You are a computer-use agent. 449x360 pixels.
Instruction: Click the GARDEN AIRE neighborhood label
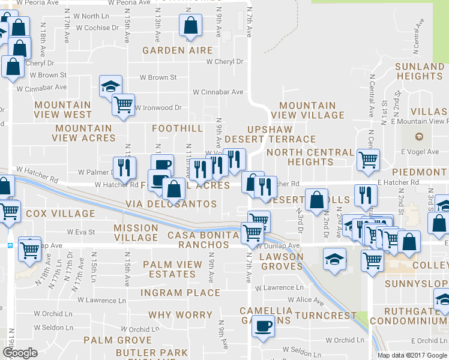(x=178, y=51)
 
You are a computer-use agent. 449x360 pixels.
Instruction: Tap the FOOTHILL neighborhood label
(x=177, y=128)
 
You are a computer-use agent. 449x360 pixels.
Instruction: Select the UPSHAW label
(x=270, y=129)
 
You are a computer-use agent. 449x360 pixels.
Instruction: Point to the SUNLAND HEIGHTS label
(x=420, y=71)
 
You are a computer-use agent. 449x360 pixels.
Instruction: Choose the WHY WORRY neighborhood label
(x=180, y=315)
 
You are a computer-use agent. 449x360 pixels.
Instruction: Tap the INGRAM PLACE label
(x=180, y=293)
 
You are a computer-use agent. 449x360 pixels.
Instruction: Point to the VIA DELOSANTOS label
(x=171, y=204)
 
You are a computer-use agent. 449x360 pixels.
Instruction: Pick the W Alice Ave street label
(x=306, y=299)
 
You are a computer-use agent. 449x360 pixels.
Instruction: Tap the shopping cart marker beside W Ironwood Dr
(x=124, y=105)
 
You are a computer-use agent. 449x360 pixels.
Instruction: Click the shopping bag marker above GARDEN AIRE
(x=190, y=26)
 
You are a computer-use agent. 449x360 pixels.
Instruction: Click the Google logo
(x=20, y=353)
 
